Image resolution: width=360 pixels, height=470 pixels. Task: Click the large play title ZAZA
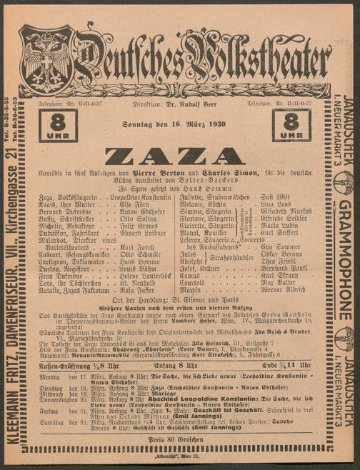click(179, 156)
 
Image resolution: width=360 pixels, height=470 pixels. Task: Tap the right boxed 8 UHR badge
click(295, 123)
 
